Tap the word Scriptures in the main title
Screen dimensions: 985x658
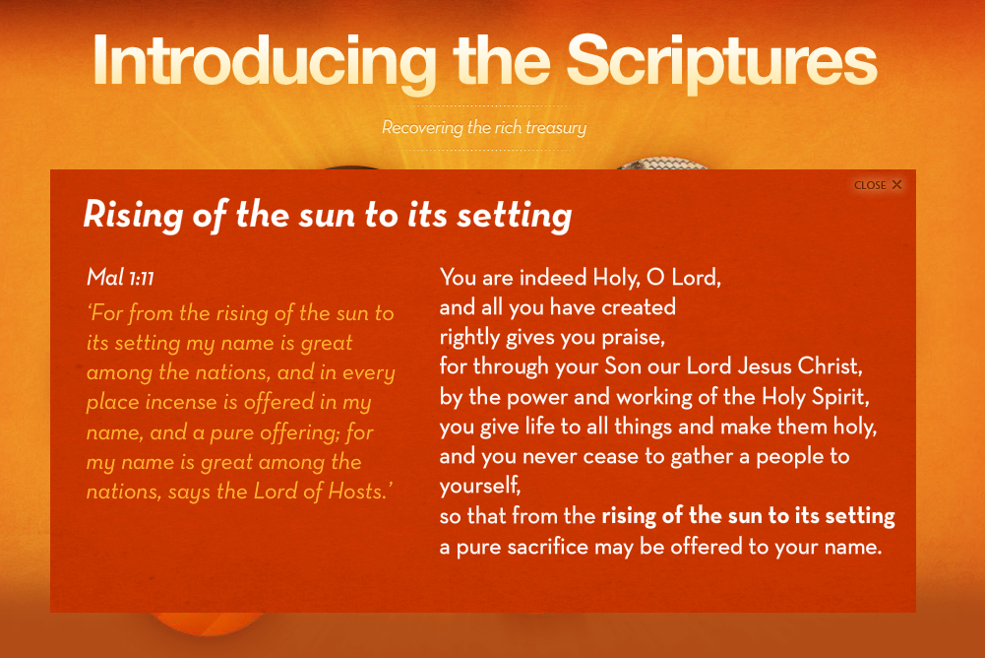(x=722, y=62)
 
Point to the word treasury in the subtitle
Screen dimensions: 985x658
(x=556, y=128)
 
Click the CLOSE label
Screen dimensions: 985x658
(x=870, y=185)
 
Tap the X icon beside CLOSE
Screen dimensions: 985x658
(x=897, y=184)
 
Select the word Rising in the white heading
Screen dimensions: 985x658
(x=133, y=216)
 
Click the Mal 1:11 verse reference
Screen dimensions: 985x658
(x=121, y=277)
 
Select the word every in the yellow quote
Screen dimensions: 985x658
(x=369, y=373)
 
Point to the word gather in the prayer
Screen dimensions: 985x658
(x=701, y=457)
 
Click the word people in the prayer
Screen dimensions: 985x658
(x=789, y=457)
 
